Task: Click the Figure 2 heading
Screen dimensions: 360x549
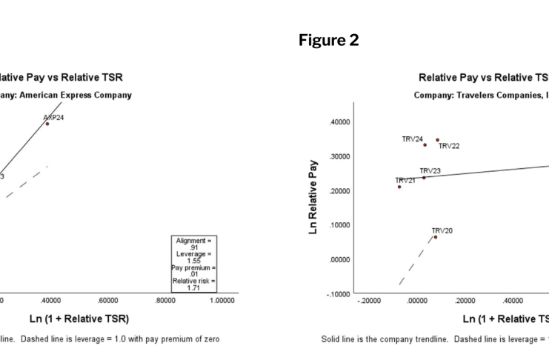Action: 328,40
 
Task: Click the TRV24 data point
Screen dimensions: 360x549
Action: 425,144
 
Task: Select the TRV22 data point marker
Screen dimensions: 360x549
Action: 437,140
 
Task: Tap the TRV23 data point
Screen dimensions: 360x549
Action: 424,178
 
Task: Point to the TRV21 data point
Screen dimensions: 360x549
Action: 399,187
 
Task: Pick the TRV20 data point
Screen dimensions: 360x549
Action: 435,237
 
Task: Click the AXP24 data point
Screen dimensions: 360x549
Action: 47,124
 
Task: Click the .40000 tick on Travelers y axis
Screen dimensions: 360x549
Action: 339,122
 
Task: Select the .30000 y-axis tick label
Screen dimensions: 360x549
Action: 339,156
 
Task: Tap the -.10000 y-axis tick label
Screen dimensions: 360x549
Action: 337,294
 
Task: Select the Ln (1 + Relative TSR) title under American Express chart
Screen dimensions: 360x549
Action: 81,319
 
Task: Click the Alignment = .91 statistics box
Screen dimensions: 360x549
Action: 194,261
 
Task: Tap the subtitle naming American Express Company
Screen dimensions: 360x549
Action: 67,95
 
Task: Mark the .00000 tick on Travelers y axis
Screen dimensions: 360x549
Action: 339,260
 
